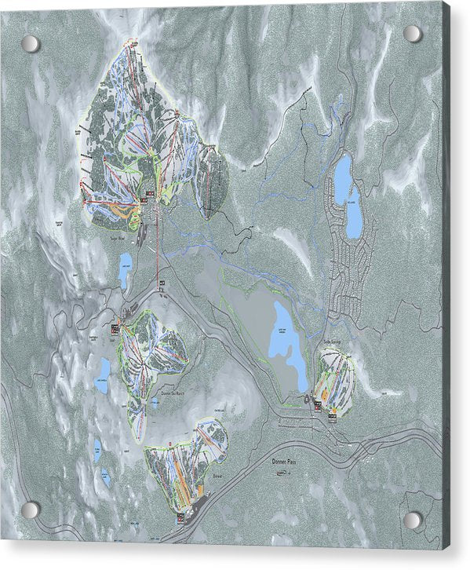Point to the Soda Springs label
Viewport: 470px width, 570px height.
pyautogui.click(x=333, y=342)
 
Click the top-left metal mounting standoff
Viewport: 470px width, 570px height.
pyautogui.click(x=30, y=44)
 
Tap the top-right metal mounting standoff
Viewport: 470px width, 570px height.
pyautogui.click(x=411, y=34)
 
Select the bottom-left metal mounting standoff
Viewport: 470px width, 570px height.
pyautogui.click(x=30, y=510)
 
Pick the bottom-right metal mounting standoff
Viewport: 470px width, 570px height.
pyautogui.click(x=411, y=520)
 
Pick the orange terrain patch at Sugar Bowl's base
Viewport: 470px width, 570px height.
pyautogui.click(x=119, y=210)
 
